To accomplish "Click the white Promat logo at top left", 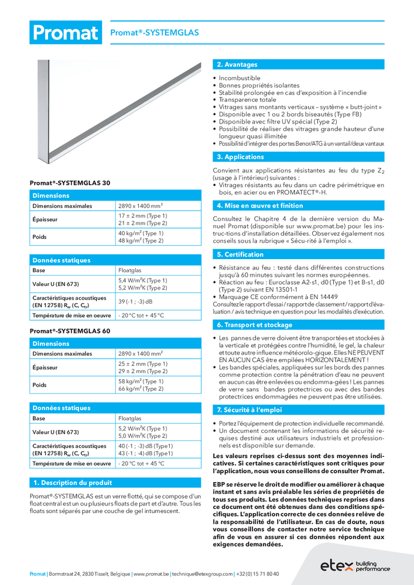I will coord(65,32).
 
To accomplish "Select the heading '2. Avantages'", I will coord(237,64).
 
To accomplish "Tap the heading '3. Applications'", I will coord(240,157).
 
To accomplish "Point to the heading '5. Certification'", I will coord(240,254).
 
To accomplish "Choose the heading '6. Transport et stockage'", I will coord(254,325).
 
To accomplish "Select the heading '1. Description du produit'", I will coord(73,483).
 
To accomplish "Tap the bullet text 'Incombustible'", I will coord(239,78).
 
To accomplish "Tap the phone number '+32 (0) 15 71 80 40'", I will coord(258,574).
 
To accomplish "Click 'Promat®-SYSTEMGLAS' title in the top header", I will coord(155,33).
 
